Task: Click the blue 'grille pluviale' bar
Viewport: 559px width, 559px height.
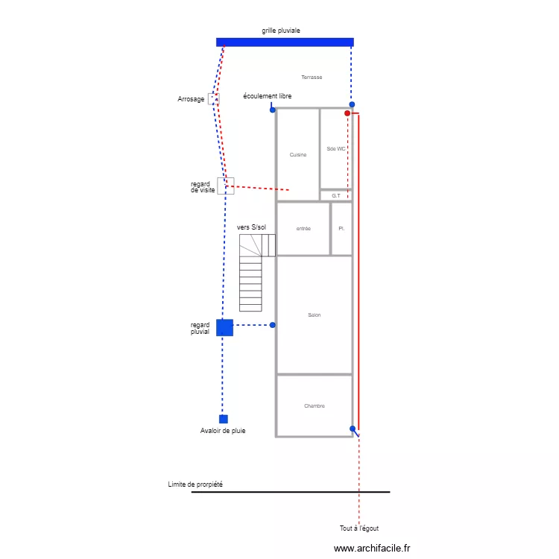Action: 285,42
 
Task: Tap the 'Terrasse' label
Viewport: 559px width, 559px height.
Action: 312,78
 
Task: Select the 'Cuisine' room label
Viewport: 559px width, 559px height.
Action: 298,155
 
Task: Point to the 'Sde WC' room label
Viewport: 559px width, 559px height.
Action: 336,149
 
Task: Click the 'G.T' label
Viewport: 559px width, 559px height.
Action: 336,196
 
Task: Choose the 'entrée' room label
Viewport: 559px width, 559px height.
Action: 303,229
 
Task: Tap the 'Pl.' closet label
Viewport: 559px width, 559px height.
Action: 341,229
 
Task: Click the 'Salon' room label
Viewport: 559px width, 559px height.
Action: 315,315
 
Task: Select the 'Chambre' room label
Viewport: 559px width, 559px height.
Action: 315,406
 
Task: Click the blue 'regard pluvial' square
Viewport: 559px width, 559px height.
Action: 224,327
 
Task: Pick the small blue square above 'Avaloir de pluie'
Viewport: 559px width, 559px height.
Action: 223,419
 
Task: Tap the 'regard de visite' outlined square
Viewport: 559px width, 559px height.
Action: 226,186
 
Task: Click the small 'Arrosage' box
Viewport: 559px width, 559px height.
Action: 214,98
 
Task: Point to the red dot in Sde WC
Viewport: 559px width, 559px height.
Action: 347,113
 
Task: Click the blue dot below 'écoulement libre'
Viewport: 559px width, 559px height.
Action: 273,110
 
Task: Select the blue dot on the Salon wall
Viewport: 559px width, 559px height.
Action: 273,325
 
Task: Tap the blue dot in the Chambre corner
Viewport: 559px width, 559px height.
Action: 353,429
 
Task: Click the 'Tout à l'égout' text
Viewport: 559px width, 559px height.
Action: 359,528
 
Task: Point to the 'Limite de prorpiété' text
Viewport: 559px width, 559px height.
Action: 195,484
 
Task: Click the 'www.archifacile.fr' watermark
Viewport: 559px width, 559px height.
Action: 372,548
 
